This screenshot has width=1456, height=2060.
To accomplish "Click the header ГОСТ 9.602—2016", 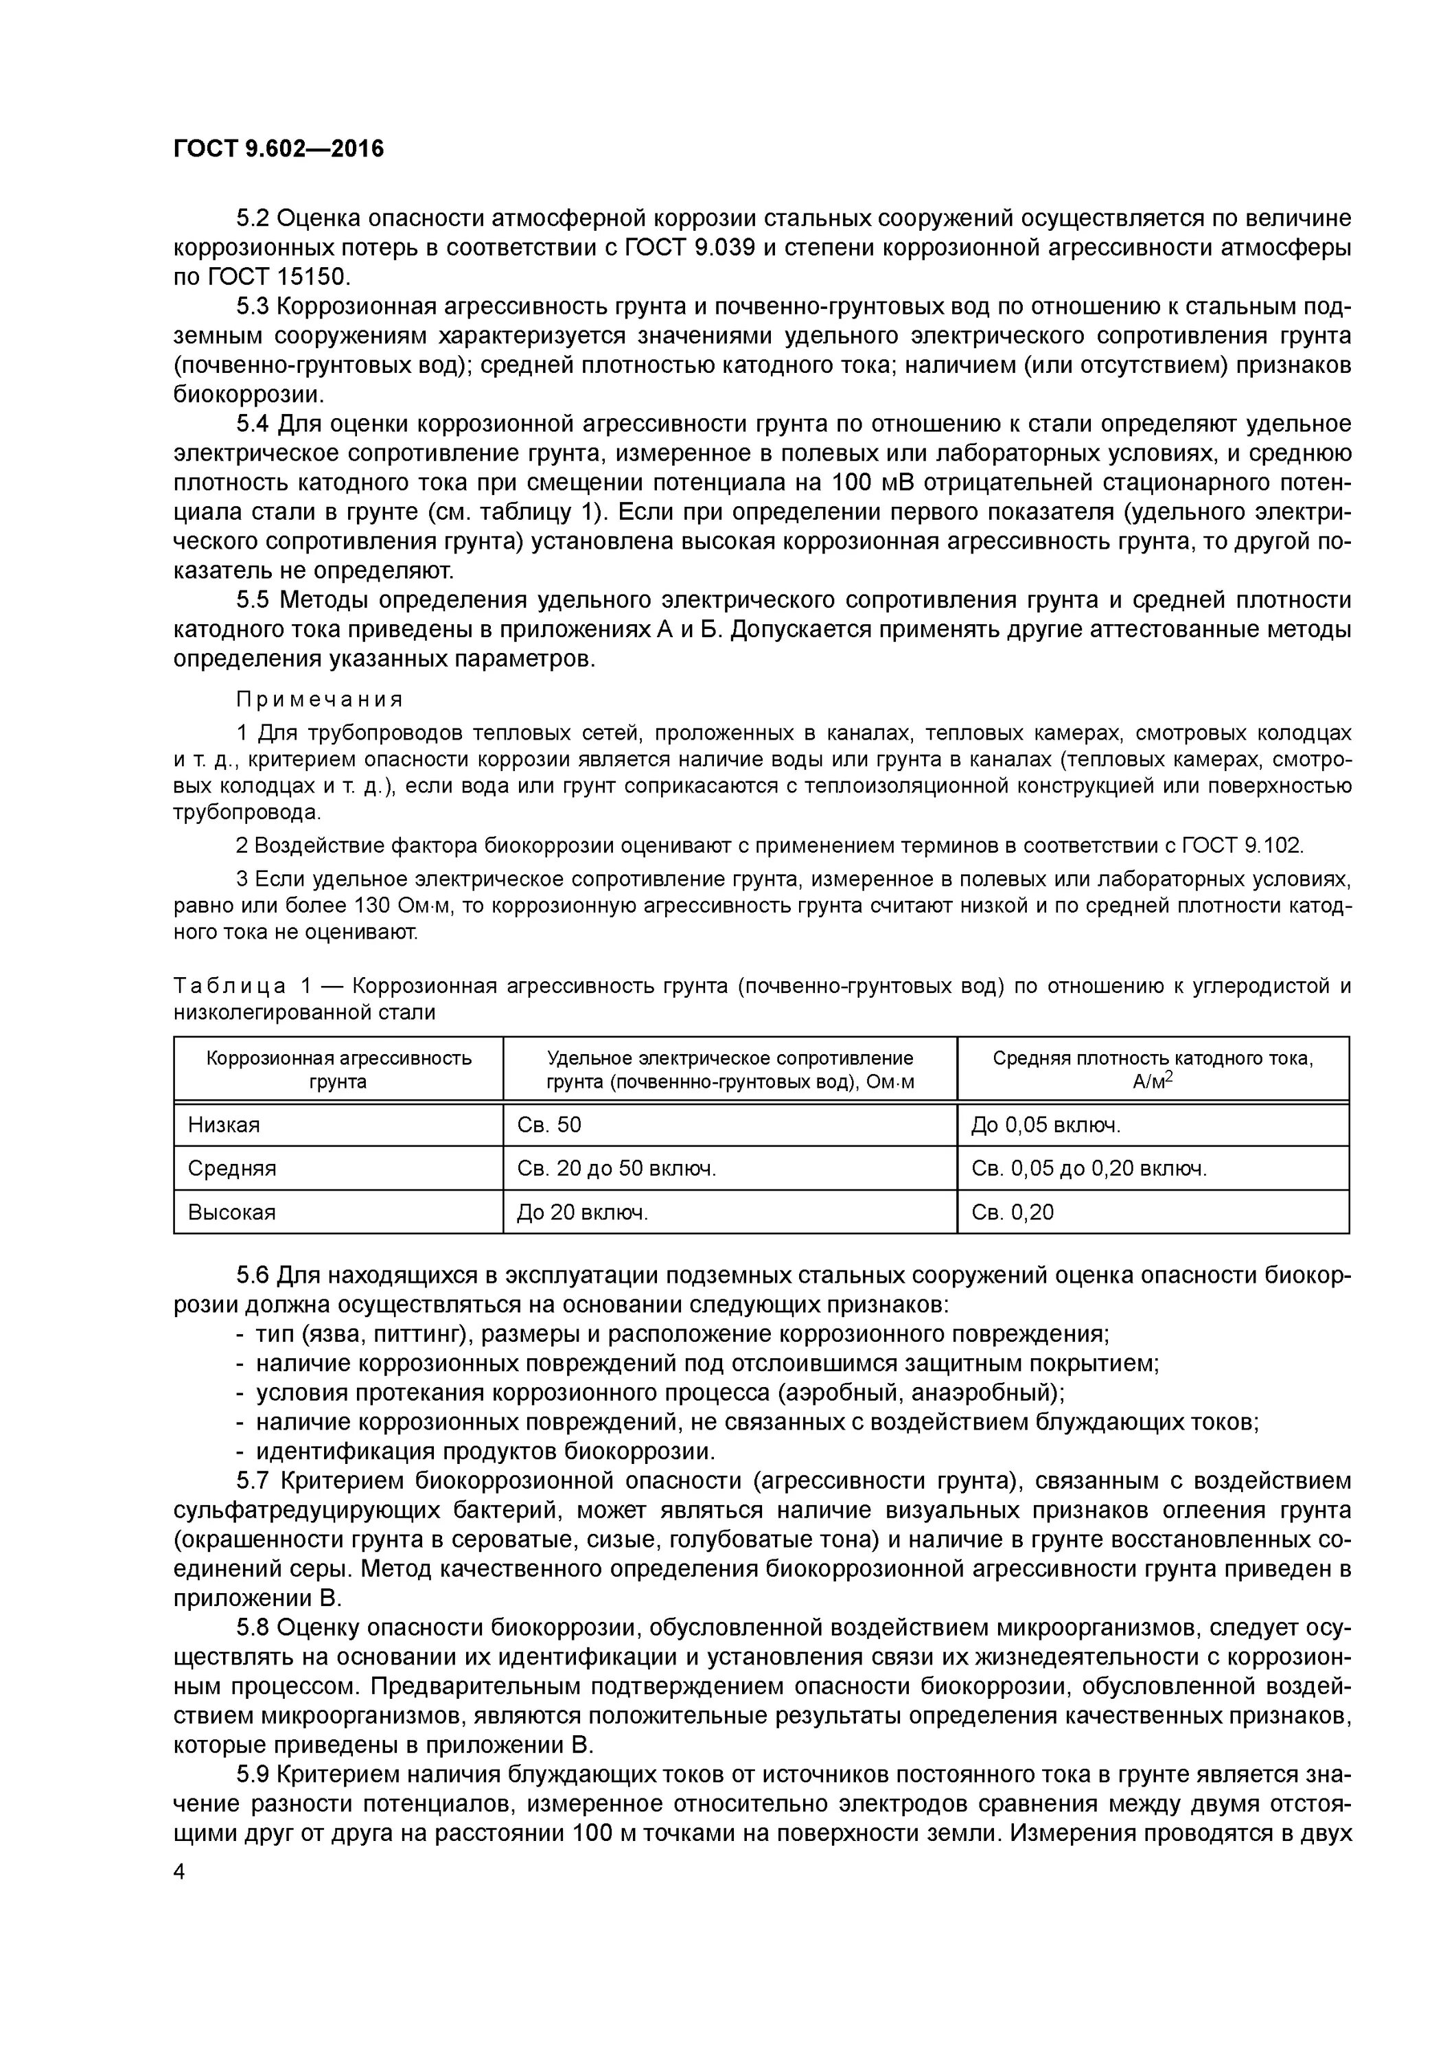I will (x=278, y=149).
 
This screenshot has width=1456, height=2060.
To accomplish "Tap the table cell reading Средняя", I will (x=231, y=1169).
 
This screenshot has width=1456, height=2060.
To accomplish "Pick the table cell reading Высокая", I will (x=231, y=1213).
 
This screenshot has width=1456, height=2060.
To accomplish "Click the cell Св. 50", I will (x=549, y=1125).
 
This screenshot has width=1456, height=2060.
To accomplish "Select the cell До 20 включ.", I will (x=582, y=1213).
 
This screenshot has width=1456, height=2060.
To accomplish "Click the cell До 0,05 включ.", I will (x=1046, y=1125).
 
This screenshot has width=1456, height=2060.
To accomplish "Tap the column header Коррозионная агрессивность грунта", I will (x=338, y=1069).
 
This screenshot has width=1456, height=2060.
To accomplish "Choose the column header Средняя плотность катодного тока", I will (x=1153, y=1069).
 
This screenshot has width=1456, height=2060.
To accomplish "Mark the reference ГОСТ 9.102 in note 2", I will (x=1242, y=845).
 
